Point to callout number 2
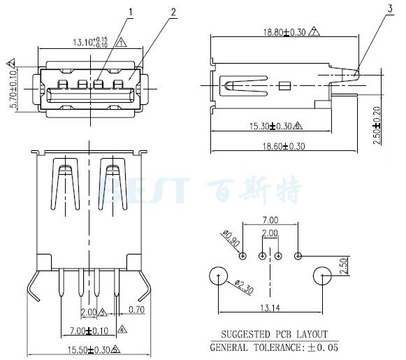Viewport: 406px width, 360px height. [x=173, y=12]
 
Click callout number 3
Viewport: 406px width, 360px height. [x=388, y=8]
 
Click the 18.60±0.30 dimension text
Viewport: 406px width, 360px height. [x=284, y=146]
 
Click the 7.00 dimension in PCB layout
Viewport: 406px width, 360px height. [x=270, y=219]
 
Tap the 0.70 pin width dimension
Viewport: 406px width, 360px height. [x=136, y=308]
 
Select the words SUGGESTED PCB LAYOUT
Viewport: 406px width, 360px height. [x=274, y=335]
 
